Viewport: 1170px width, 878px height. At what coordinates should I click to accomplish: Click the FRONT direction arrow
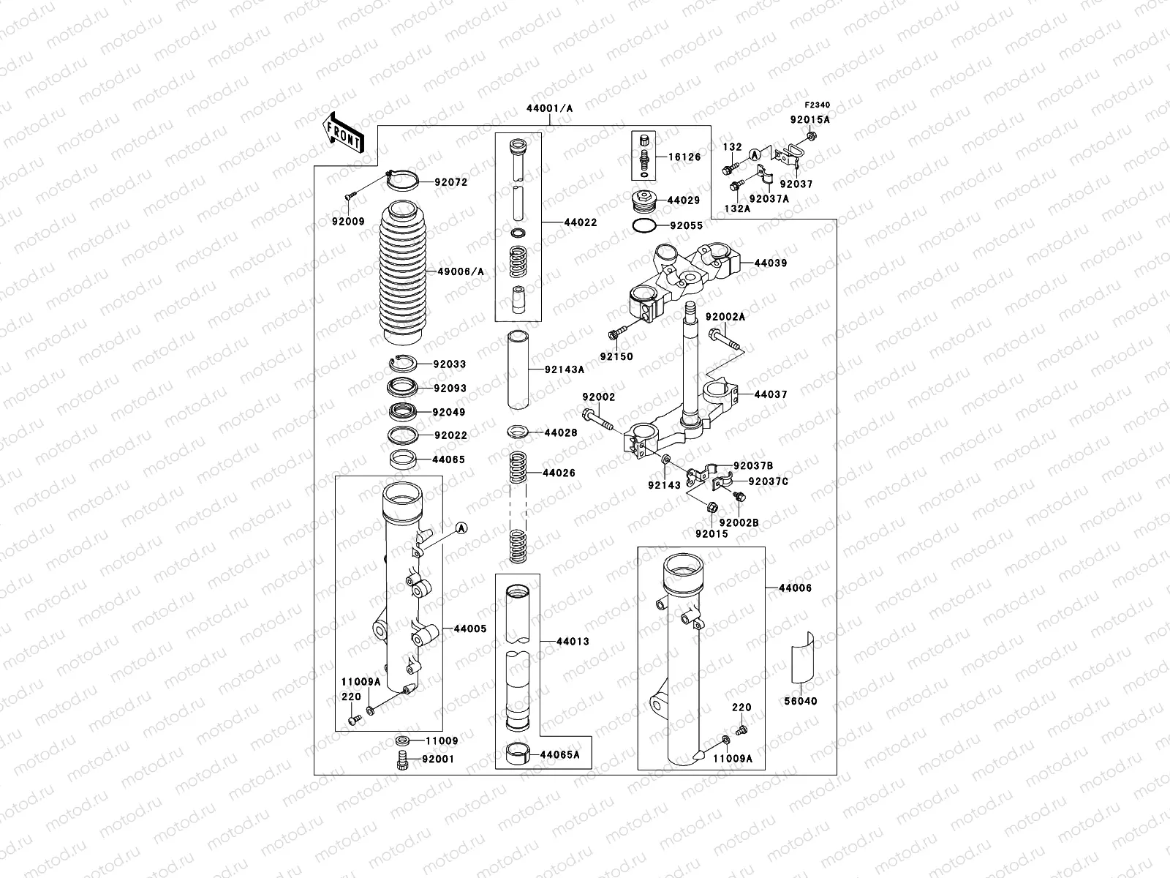tap(344, 132)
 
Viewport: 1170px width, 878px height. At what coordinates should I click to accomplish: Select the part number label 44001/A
tap(549, 108)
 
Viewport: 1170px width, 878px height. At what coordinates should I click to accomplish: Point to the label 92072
tap(451, 182)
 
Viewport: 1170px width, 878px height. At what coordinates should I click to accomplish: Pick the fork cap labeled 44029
tap(644, 200)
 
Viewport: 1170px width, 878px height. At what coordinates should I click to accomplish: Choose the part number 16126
tap(684, 157)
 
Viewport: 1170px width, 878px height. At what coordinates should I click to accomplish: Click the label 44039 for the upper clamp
tap(770, 263)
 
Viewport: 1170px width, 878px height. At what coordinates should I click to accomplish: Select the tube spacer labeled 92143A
tap(522, 369)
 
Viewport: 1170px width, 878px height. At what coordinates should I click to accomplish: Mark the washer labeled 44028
tap(519, 432)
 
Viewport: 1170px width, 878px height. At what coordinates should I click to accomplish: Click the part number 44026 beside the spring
tap(559, 473)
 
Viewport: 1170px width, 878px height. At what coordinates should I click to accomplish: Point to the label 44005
tap(469, 629)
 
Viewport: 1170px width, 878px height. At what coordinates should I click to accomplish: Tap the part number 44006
tap(795, 588)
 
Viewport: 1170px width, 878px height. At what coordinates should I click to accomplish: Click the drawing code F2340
tap(818, 105)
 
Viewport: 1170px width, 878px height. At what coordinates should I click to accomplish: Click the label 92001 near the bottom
tap(437, 759)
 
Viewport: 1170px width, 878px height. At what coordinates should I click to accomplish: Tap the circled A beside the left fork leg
tap(461, 528)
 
